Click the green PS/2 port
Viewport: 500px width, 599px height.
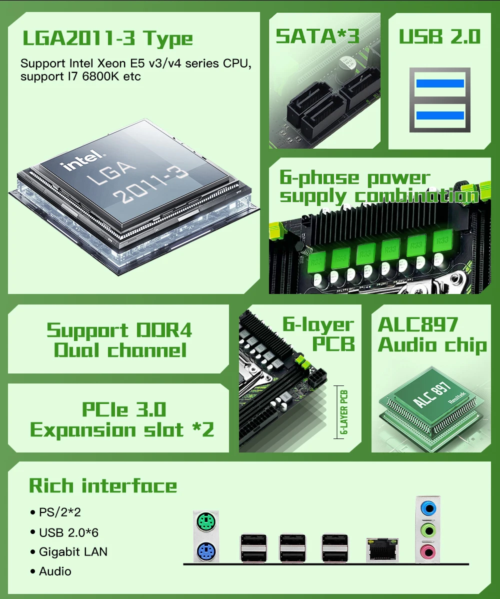[206, 521]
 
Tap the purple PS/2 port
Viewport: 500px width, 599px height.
[206, 551]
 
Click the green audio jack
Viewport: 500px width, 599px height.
[428, 530]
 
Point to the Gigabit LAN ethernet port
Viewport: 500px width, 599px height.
[382, 549]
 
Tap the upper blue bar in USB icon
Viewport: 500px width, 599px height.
[440, 83]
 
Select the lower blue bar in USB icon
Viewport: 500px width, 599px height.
[440, 115]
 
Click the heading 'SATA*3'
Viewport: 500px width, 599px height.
[317, 36]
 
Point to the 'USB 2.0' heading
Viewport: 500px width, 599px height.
[439, 36]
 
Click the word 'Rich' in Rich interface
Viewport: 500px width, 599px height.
[51, 485]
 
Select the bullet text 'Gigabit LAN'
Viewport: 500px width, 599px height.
[73, 551]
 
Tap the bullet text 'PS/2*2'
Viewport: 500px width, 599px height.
[60, 512]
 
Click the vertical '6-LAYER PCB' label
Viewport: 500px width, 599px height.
[344, 412]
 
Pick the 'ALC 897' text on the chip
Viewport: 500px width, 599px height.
[431, 394]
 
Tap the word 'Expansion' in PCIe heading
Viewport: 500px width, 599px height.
[83, 430]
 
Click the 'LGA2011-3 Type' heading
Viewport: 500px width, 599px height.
[107, 38]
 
